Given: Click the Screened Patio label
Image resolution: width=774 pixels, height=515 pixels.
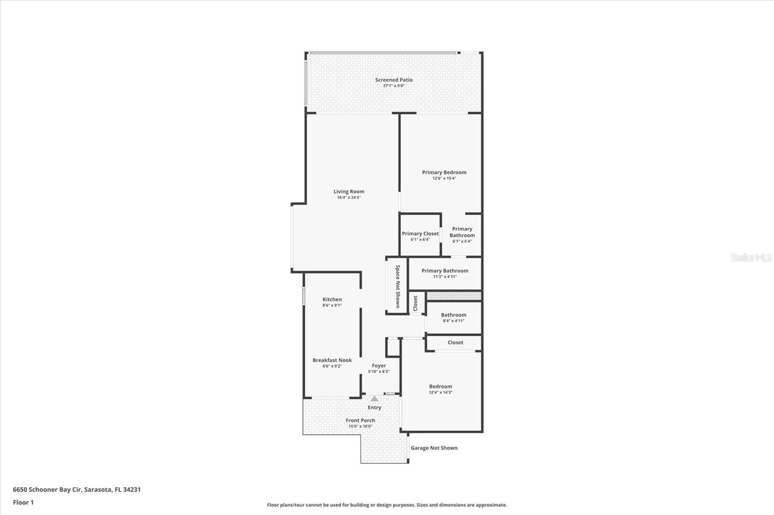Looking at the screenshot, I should (x=394, y=80).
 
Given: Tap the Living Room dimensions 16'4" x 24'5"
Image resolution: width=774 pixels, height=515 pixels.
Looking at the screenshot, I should (x=349, y=198).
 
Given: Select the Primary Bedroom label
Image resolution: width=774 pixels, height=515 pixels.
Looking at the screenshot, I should (x=444, y=172).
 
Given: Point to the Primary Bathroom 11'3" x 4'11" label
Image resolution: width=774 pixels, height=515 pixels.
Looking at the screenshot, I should (x=445, y=273).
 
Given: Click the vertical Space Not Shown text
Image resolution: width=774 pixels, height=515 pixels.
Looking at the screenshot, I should (x=398, y=286).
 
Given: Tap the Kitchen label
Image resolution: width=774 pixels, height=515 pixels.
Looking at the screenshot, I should (x=332, y=300).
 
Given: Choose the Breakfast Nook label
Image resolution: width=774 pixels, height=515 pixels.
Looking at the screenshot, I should (x=332, y=360).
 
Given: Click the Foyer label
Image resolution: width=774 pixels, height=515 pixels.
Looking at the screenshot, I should (x=378, y=366).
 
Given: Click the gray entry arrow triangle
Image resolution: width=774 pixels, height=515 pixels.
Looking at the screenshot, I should (x=374, y=399).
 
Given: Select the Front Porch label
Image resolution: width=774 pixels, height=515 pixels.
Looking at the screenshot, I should (x=360, y=420).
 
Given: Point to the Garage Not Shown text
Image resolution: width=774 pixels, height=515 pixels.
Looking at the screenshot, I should (x=434, y=448).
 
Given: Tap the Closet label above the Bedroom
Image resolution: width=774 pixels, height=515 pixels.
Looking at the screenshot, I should (x=455, y=343).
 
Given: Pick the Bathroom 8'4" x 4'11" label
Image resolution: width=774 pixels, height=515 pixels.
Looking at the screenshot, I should (x=453, y=317).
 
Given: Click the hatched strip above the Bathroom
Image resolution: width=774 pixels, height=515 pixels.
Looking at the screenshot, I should (x=454, y=295).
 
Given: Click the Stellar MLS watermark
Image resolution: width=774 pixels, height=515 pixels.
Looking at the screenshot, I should (x=751, y=257).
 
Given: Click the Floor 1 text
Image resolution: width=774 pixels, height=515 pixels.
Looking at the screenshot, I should (x=23, y=502).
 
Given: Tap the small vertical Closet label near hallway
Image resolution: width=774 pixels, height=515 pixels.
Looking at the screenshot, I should (x=415, y=303).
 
